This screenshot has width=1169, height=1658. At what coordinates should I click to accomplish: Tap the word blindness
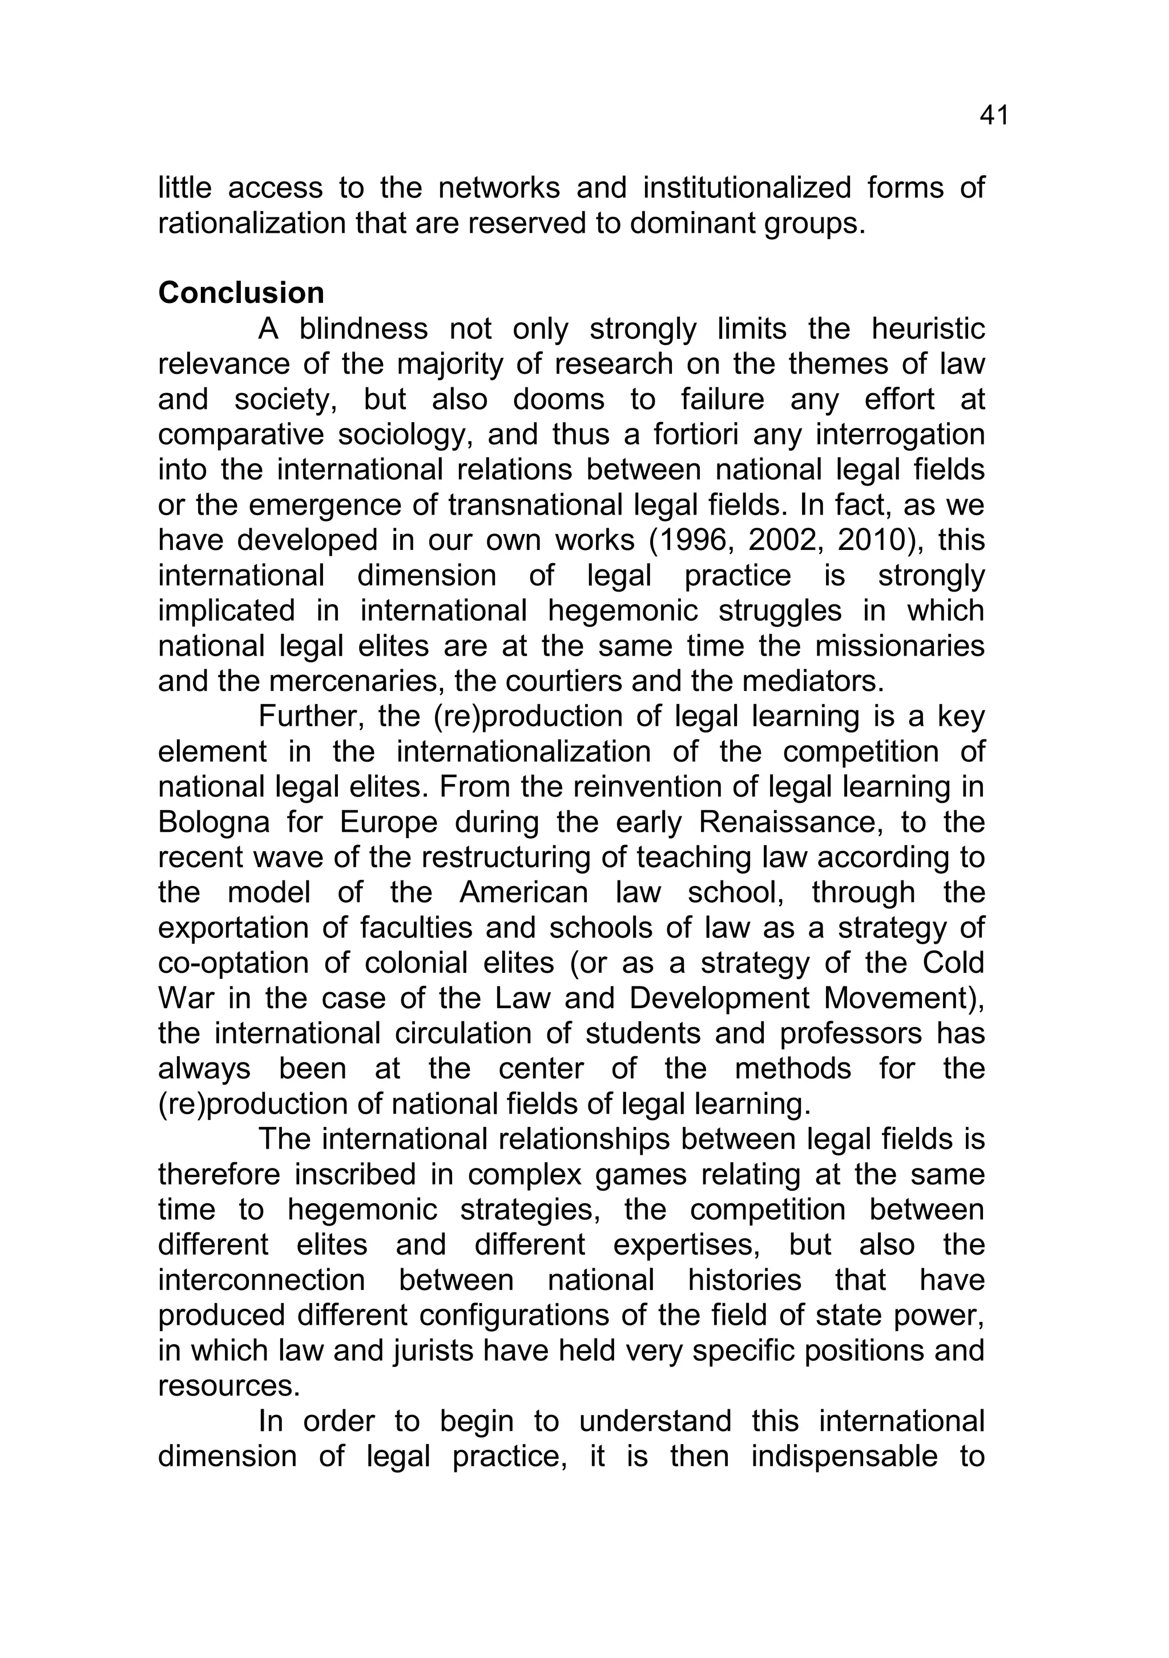click(364, 329)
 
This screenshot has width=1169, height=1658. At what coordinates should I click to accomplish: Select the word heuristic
click(928, 329)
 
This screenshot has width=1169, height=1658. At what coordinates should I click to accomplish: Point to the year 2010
click(876, 540)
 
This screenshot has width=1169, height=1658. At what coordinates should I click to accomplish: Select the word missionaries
click(900, 646)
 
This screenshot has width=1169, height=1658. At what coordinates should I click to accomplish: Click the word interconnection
click(261, 1280)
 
